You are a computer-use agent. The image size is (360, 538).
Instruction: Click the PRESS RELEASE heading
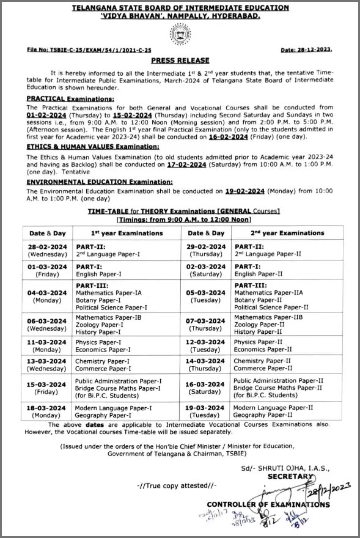(x=180, y=60)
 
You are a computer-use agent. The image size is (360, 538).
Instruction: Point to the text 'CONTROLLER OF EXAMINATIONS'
(x=268, y=504)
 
